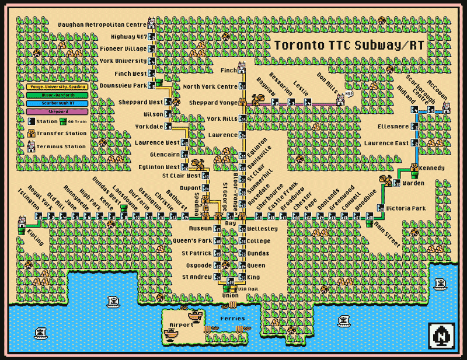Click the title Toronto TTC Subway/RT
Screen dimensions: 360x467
pyautogui.click(x=349, y=45)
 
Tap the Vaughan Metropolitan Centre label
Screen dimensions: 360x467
pyautogui.click(x=102, y=25)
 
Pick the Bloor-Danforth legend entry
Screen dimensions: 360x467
pyautogui.click(x=56, y=95)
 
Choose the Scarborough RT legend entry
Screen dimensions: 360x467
pyautogui.click(x=56, y=103)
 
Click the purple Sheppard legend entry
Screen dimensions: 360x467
pyautogui.click(x=56, y=111)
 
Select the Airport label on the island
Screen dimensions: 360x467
pyautogui.click(x=180, y=324)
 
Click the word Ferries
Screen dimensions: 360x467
pyautogui.click(x=232, y=319)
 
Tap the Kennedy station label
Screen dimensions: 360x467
pyautogui.click(x=432, y=168)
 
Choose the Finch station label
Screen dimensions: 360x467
pyautogui.click(x=228, y=71)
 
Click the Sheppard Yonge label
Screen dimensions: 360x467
pyautogui.click(x=211, y=103)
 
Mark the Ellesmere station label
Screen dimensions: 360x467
pyautogui.click(x=393, y=126)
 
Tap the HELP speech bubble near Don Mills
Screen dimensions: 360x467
pyautogui.click(x=349, y=93)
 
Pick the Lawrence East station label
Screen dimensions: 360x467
pyautogui.click(x=386, y=143)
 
